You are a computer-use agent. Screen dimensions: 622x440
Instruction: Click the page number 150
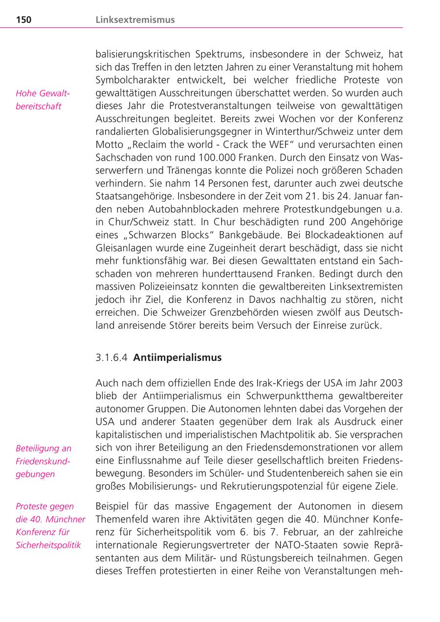[x=23, y=20]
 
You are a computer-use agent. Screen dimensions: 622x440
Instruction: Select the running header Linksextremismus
[x=135, y=20]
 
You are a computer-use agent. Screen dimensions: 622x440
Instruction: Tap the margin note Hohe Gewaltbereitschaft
[x=43, y=100]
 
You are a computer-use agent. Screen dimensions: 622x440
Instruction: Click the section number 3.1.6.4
[x=112, y=358]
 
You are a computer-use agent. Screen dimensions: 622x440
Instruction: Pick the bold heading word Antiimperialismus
[x=177, y=358]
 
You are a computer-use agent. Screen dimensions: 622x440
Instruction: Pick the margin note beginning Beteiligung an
[x=43, y=461]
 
